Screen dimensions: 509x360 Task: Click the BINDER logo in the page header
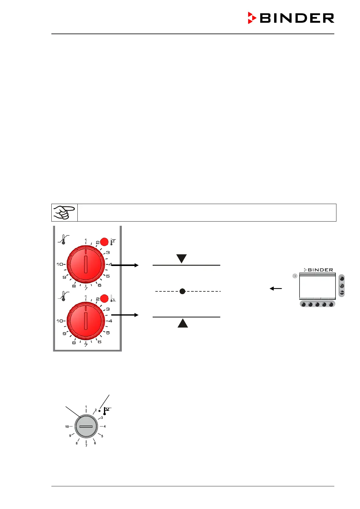point(291,18)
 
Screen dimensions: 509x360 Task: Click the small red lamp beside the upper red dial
point(104,242)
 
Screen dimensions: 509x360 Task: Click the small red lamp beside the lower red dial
point(104,299)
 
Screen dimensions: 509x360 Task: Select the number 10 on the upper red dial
point(60,264)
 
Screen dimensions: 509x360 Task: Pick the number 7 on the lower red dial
point(86,345)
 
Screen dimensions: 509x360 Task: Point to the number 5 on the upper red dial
point(108,276)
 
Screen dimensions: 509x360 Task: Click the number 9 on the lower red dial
point(64,334)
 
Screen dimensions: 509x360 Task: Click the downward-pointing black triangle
point(182,258)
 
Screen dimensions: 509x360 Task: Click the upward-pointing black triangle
point(183,323)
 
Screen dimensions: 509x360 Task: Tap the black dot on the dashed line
point(182,291)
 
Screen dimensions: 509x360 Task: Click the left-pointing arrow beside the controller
point(276,289)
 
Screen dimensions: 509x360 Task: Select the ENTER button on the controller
point(342,293)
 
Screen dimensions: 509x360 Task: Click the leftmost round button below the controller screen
point(303,304)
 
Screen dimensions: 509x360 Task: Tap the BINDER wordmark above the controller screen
point(319,270)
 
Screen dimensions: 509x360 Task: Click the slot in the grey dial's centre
point(86,426)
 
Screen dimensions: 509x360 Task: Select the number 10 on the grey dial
point(67,427)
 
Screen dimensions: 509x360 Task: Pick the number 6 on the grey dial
point(95,443)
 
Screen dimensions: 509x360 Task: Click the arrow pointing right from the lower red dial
point(125,315)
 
